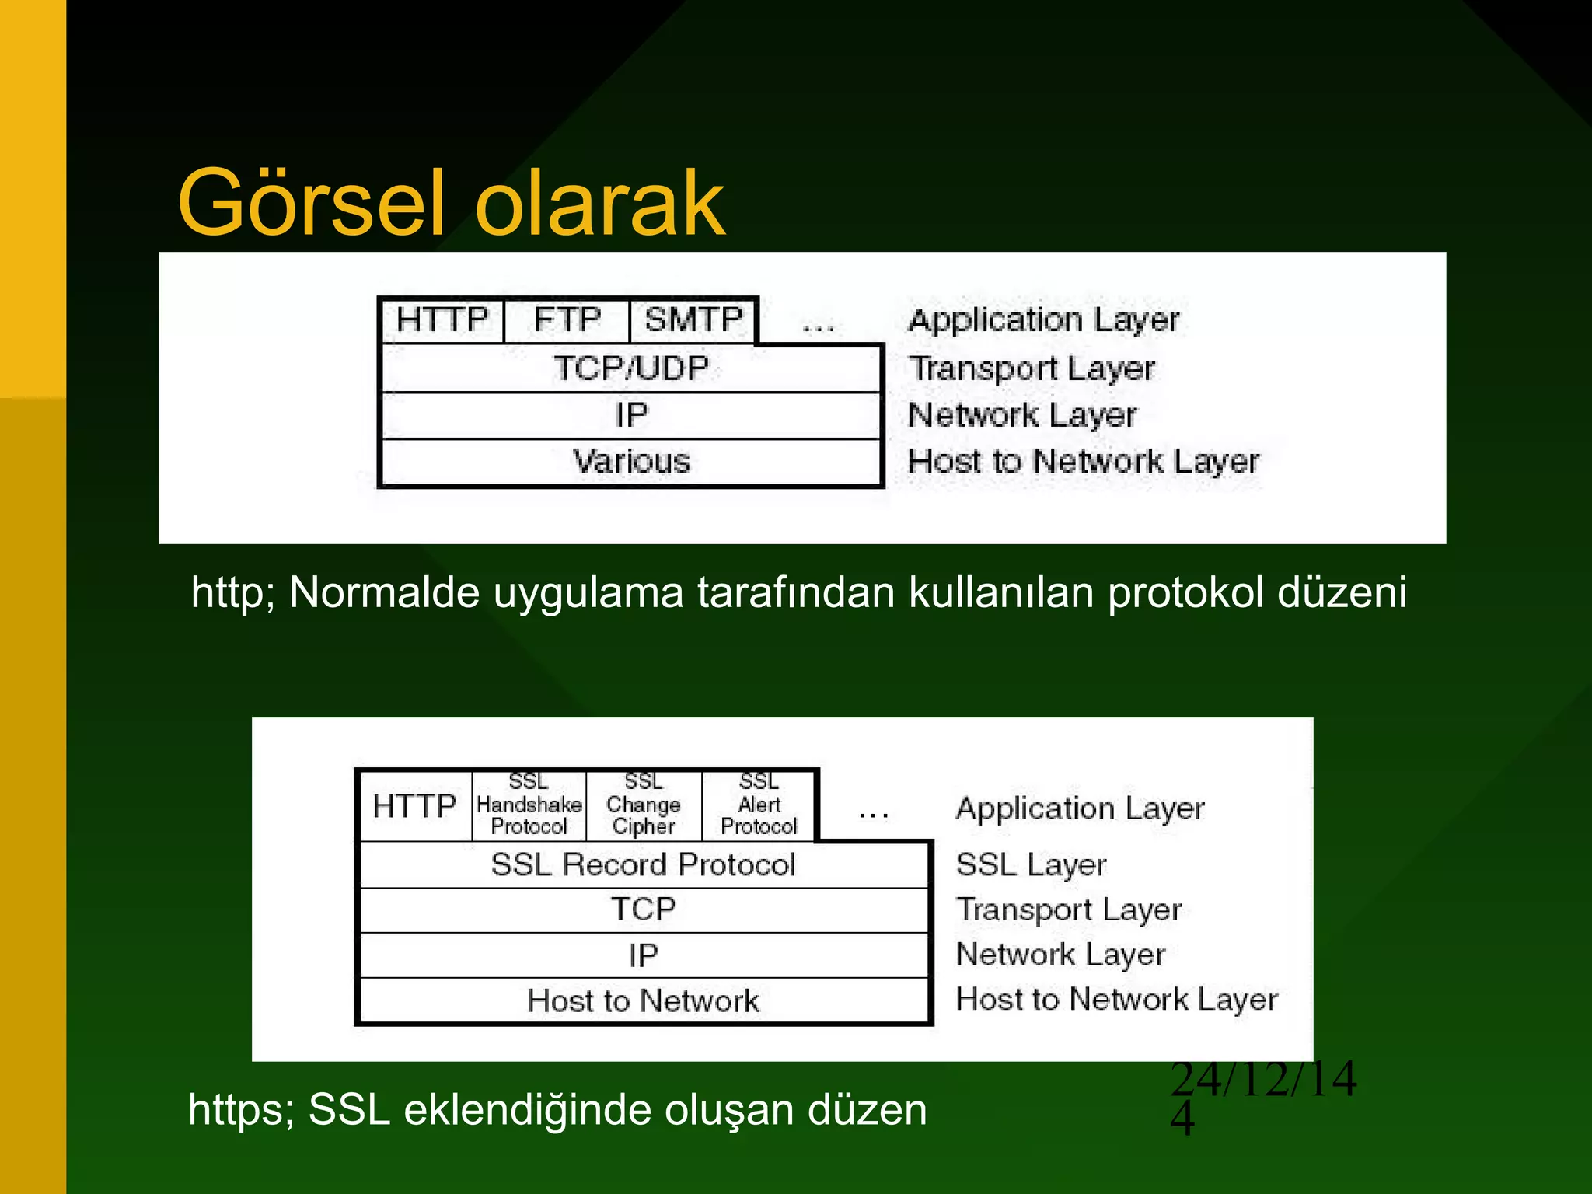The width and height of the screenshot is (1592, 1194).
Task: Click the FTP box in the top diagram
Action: point(567,320)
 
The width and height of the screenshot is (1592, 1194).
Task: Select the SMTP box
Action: point(693,320)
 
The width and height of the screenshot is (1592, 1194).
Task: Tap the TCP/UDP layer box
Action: point(631,368)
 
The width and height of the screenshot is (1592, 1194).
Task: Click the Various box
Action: point(631,462)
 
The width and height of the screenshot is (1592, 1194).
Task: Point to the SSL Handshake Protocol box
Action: point(529,805)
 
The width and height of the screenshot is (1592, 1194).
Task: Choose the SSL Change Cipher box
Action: point(644,805)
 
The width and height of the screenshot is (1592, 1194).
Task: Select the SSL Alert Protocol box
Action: point(759,805)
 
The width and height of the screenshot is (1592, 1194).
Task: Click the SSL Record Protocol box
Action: point(644,864)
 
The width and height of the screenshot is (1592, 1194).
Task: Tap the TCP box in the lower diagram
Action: point(644,909)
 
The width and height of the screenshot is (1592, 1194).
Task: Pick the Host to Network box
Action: point(644,1001)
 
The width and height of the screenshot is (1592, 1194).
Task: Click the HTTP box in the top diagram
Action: point(442,320)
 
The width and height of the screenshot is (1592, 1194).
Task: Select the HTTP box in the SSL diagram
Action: point(414,806)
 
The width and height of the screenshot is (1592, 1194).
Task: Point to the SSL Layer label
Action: point(1031,865)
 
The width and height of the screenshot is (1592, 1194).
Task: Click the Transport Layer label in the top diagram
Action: point(1032,368)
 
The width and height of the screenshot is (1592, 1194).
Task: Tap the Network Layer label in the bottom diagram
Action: point(1060,955)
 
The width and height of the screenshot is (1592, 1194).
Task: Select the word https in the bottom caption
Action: point(236,1109)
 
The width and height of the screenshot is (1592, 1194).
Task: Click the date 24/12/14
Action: point(1263,1080)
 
